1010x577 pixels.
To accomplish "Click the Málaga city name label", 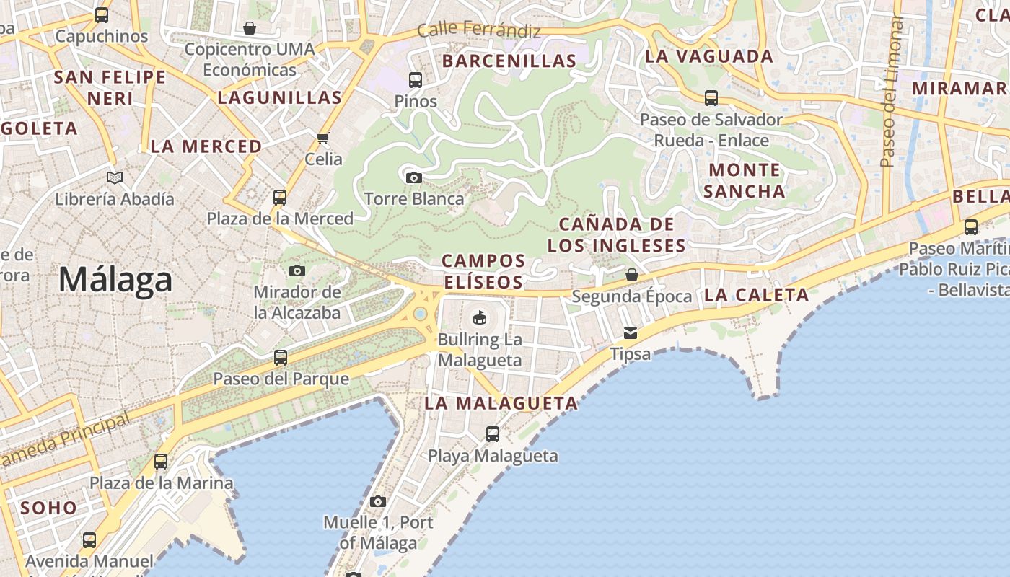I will (115, 280).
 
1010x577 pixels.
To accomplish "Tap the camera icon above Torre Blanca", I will (414, 177).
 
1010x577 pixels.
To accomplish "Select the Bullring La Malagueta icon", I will (479, 317).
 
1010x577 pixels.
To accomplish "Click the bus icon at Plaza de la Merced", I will (280, 197).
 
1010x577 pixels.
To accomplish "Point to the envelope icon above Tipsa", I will (631, 332).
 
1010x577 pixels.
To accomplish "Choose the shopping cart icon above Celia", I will (323, 138).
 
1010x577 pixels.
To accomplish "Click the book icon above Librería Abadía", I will (115, 177).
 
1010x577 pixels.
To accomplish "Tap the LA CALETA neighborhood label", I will (756, 294).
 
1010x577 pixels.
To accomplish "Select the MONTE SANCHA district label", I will (745, 180).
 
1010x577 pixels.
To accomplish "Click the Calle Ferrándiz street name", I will (479, 30).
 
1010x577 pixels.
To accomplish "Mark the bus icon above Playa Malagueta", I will (493, 434).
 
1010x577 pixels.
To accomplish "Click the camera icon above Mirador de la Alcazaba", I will (297, 271).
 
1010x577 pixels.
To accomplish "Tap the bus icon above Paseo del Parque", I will (281, 357).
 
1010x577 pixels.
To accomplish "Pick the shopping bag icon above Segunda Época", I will (632, 275).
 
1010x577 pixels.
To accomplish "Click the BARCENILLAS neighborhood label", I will (509, 61).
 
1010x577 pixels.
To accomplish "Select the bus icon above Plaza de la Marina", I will (161, 462).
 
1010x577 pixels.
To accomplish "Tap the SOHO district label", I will (48, 508).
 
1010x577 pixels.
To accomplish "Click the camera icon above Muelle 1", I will (378, 501).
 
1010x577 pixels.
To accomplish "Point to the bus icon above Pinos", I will (416, 80).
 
